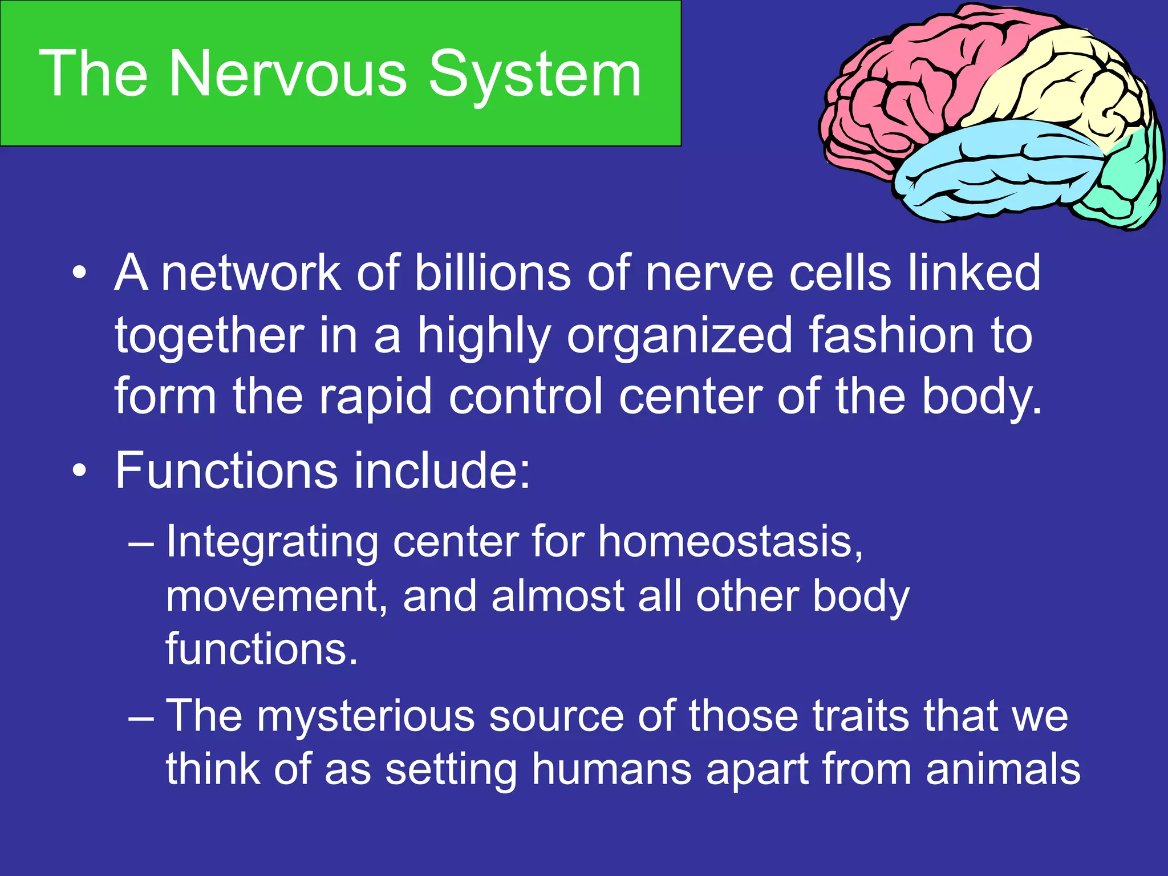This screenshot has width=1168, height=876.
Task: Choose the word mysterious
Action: tap(366, 716)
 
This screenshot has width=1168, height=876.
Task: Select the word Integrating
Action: tap(271, 542)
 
